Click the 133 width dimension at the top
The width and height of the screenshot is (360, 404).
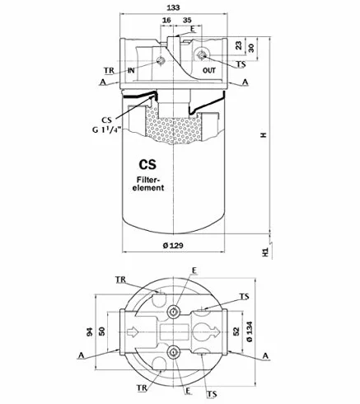tap(173, 7)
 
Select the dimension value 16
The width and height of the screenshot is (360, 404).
tap(166, 20)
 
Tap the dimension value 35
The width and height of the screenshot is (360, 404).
tap(187, 20)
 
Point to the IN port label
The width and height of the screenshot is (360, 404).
tap(131, 70)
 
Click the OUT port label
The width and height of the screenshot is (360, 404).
tap(209, 70)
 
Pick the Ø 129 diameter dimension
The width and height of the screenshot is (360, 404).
tap(173, 246)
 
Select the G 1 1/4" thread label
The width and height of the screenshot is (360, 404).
tap(106, 129)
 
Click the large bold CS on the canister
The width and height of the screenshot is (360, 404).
tap(147, 164)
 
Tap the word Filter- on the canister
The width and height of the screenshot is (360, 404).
tap(148, 180)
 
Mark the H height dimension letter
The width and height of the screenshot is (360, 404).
tap(264, 135)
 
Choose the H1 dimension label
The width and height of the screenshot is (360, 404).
tap(265, 252)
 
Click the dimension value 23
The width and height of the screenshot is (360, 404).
tap(239, 45)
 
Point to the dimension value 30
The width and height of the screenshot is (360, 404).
tap(251, 48)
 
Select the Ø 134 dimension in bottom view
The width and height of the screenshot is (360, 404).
tap(250, 331)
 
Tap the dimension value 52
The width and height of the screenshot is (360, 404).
tap(236, 331)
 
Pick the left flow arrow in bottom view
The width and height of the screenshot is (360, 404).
tap(132, 331)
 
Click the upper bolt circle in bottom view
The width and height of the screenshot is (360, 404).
tap(174, 312)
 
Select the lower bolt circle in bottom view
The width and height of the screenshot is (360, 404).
tap(174, 351)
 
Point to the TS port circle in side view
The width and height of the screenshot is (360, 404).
tap(203, 55)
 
